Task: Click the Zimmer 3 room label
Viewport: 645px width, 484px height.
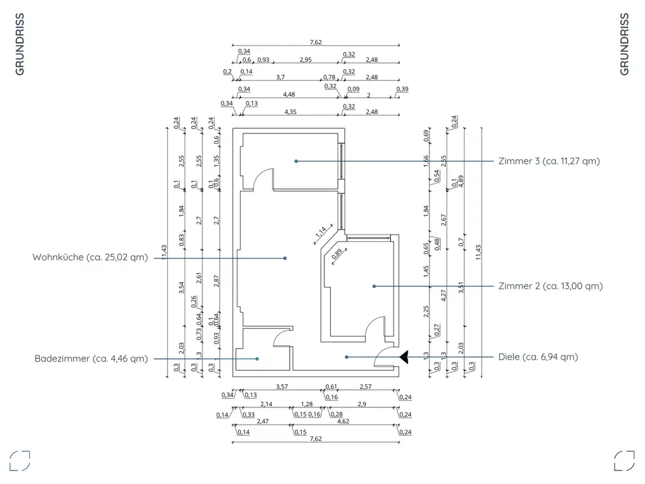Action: [549, 161]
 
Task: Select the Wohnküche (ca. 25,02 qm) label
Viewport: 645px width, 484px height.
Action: [90, 258]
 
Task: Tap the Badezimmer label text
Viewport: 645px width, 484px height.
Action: [91, 359]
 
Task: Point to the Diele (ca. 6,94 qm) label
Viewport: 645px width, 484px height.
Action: [538, 356]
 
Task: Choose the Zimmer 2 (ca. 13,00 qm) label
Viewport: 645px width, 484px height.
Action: [550, 286]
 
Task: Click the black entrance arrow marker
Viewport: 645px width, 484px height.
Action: [404, 356]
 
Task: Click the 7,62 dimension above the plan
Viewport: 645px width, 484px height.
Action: [315, 43]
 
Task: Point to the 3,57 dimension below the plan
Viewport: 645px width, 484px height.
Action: [282, 387]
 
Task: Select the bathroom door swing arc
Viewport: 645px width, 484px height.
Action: [283, 337]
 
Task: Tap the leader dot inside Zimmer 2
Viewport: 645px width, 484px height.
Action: [374, 286]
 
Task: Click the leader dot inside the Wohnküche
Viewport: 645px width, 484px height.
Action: [285, 258]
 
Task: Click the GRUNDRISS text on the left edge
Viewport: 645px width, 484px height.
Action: [20, 44]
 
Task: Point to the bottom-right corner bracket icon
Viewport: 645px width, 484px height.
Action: [624, 460]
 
